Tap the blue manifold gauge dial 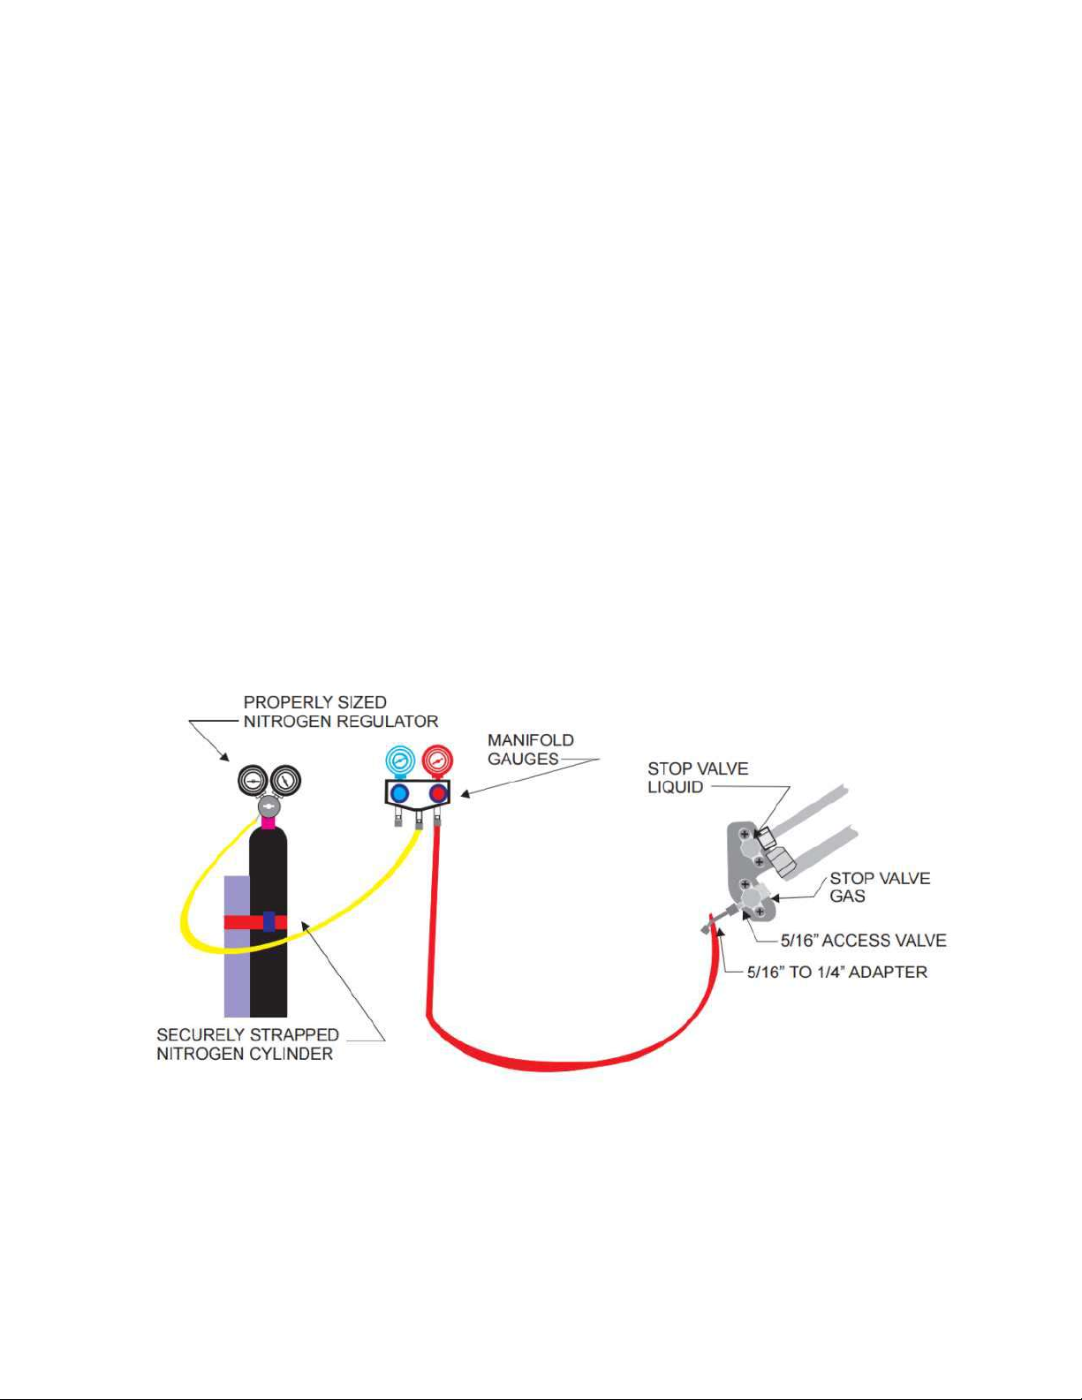pyautogui.click(x=399, y=761)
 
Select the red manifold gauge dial pyautogui.click(x=437, y=761)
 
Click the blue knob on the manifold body pyautogui.click(x=399, y=793)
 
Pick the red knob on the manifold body pyautogui.click(x=439, y=793)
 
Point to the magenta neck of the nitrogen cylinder pyautogui.click(x=268, y=822)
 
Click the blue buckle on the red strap pyautogui.click(x=269, y=922)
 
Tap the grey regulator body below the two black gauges pyautogui.click(x=269, y=806)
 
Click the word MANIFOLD pyautogui.click(x=531, y=740)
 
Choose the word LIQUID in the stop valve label pyautogui.click(x=676, y=787)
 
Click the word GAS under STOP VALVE pyautogui.click(x=847, y=897)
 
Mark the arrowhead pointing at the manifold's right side pyautogui.click(x=465, y=794)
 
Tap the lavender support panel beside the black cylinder pyautogui.click(x=237, y=946)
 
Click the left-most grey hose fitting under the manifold pyautogui.click(x=398, y=822)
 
